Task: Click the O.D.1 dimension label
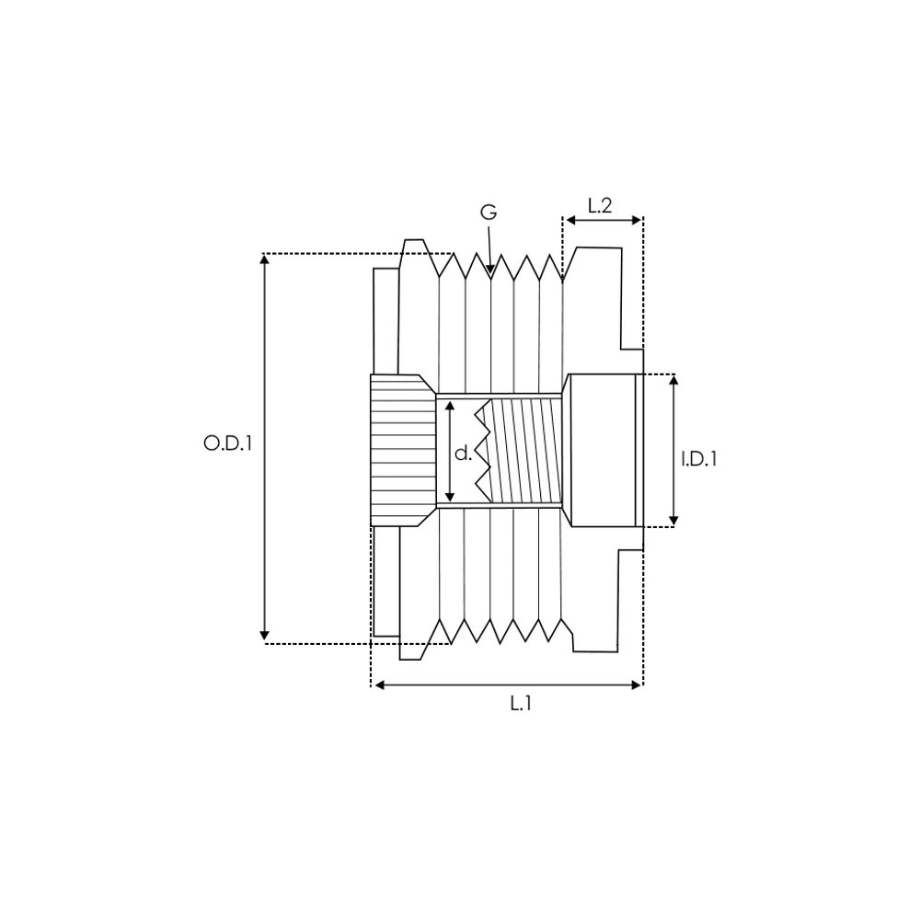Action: click(227, 443)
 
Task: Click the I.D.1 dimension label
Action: click(699, 458)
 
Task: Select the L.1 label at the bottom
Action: click(521, 704)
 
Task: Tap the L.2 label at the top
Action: click(600, 206)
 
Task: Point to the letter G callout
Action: click(489, 213)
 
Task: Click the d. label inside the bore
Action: click(464, 452)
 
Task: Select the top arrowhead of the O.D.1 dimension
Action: click(265, 259)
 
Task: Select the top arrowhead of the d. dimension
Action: click(448, 405)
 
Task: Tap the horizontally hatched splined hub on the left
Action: click(403, 451)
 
